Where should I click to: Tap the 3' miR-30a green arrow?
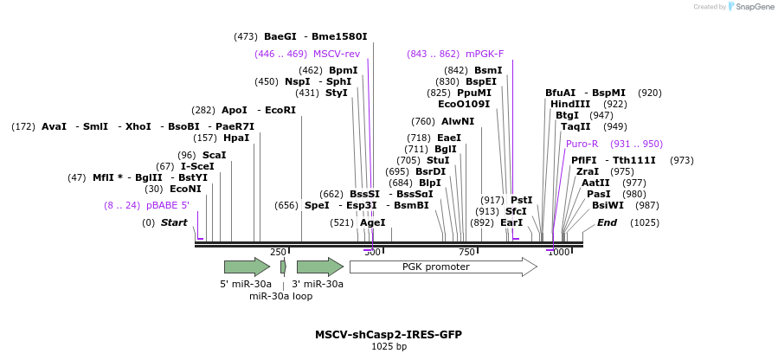coord(319,267)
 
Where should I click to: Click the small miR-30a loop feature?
coord(283,267)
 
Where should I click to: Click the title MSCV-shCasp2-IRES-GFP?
coord(389,335)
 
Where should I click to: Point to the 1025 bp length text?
coord(389,347)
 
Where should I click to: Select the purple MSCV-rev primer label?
coord(336,54)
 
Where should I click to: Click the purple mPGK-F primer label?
coord(484,54)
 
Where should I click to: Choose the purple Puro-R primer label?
coord(582,144)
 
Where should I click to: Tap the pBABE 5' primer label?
coord(168,205)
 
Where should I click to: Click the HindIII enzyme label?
coord(570,104)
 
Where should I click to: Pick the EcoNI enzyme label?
coord(185,189)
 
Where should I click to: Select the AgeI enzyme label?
coord(372,222)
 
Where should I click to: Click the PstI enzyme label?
coord(521,200)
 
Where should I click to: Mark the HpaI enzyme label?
coord(236,138)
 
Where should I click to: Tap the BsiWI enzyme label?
coord(608,205)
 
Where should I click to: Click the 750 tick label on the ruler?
coord(466,252)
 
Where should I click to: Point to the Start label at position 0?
coord(174,222)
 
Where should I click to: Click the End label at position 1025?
coord(607,222)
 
